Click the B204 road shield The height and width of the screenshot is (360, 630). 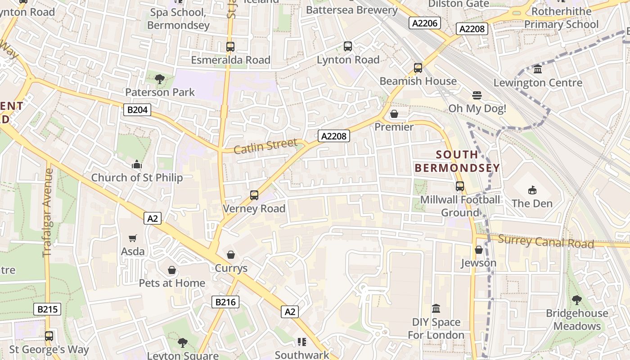pyautogui.click(x=137, y=109)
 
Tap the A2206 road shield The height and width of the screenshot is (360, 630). pyautogui.click(x=424, y=23)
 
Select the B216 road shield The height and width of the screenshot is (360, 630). pyautogui.click(x=225, y=302)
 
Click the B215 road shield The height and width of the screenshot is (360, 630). pyautogui.click(x=47, y=309)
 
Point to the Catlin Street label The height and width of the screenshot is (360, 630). pyautogui.click(x=265, y=146)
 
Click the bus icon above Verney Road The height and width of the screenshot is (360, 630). pyautogui.click(x=254, y=195)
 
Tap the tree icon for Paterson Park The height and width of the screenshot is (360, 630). pyautogui.click(x=159, y=80)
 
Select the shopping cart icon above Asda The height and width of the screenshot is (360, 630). pyautogui.click(x=133, y=238)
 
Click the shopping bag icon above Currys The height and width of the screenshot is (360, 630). pyautogui.click(x=231, y=255)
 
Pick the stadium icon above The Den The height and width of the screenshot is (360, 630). pyautogui.click(x=532, y=190)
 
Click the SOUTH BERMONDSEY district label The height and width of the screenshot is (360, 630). pyautogui.click(x=457, y=162)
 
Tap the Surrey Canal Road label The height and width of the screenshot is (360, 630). pyautogui.click(x=546, y=242)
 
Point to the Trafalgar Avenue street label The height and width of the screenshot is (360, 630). pyautogui.click(x=48, y=212)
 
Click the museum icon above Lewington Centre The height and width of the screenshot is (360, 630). pyautogui.click(x=538, y=69)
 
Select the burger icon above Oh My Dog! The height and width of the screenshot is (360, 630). pyautogui.click(x=477, y=95)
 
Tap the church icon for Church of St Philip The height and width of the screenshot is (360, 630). pyautogui.click(x=137, y=165)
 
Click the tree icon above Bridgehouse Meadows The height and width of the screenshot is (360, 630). pyautogui.click(x=576, y=300)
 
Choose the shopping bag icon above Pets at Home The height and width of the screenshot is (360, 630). pyautogui.click(x=172, y=270)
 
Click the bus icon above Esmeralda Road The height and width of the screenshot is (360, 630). pyautogui.click(x=230, y=47)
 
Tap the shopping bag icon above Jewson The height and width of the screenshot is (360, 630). pyautogui.click(x=479, y=250)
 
